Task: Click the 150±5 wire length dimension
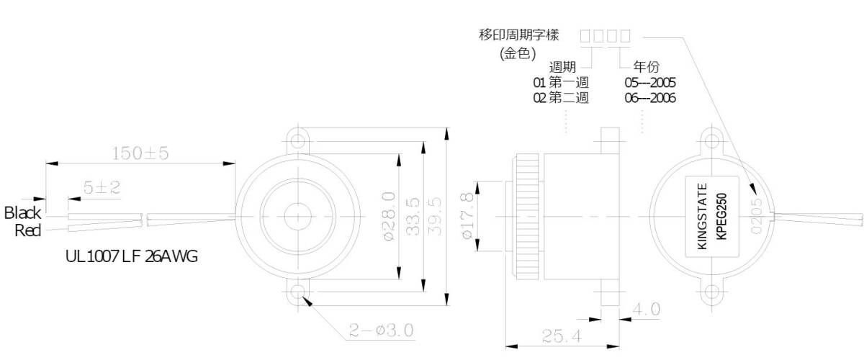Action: [140, 153]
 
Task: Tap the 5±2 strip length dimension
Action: [102, 188]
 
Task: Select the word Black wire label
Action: [23, 213]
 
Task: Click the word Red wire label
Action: [29, 230]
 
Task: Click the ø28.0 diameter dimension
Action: [389, 215]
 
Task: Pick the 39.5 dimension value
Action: [436, 215]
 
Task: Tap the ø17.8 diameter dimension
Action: [469, 215]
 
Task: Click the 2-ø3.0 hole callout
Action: [382, 330]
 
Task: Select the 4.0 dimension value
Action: [645, 310]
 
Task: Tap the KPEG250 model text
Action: [722, 216]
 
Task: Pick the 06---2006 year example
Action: [650, 98]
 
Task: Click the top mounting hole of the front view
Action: [297, 138]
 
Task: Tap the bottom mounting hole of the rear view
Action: [711, 292]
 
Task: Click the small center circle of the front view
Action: [297, 215]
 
